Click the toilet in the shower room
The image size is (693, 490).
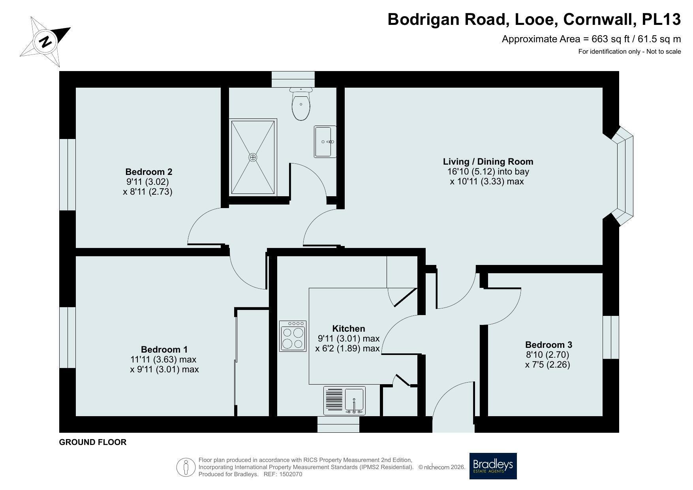point(301,103)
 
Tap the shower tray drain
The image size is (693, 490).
point(253,157)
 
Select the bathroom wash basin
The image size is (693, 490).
point(325,141)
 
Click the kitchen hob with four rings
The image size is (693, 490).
point(293,336)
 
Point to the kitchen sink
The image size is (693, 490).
point(344,401)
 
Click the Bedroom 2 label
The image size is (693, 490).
point(149,172)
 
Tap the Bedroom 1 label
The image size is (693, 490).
point(164,349)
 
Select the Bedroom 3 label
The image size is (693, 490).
point(548,345)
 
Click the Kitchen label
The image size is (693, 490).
point(349,329)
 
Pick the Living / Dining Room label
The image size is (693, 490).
point(488,161)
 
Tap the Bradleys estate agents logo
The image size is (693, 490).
point(493,466)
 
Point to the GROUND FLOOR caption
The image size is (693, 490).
point(93,442)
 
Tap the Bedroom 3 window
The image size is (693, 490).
point(611,337)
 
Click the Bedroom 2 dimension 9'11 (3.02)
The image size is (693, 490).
point(147,182)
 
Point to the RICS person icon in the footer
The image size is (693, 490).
point(186,467)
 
